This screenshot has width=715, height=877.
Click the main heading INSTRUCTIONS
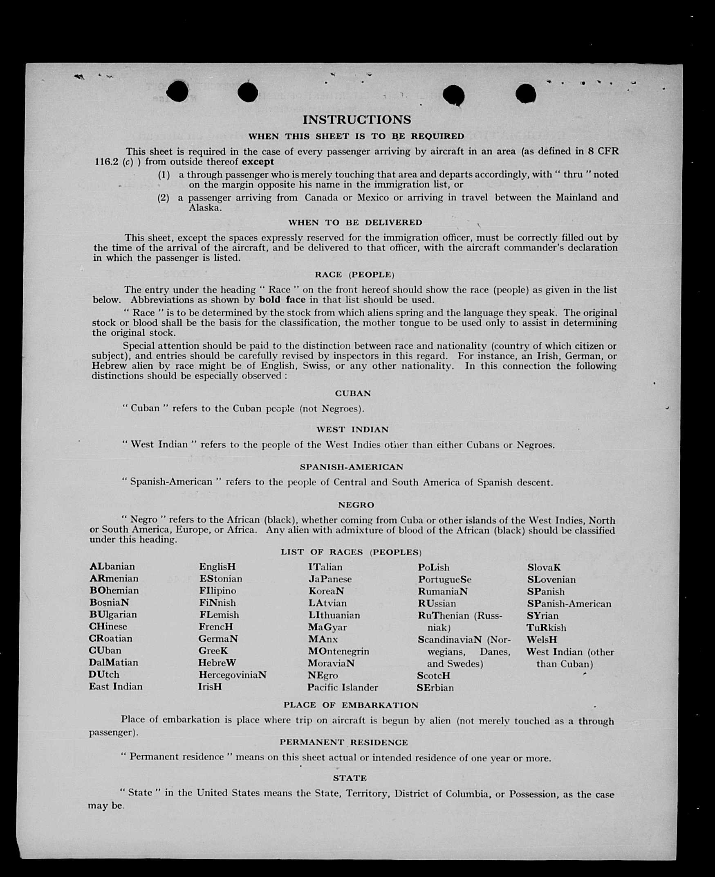(356, 119)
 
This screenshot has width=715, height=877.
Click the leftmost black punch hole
(177, 91)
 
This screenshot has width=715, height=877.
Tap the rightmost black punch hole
(526, 94)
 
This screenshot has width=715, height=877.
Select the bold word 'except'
(258, 162)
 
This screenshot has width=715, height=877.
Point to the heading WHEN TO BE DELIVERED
(355, 223)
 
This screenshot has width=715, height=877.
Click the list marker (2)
(163, 198)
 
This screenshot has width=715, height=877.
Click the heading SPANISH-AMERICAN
(351, 467)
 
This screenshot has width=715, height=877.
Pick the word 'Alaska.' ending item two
(205, 208)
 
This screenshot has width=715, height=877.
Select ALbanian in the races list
(112, 566)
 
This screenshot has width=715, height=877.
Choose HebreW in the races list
(217, 663)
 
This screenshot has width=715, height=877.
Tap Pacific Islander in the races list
(342, 688)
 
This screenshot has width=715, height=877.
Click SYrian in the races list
(542, 616)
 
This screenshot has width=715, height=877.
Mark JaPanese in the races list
(330, 579)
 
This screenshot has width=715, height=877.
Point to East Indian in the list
(115, 687)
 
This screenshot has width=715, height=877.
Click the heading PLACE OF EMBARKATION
(351, 705)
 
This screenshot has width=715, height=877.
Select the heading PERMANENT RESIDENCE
(343, 743)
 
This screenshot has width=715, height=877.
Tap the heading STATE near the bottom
(350, 778)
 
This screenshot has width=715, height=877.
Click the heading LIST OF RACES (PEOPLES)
(351, 552)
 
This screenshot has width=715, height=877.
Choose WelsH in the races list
(542, 640)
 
